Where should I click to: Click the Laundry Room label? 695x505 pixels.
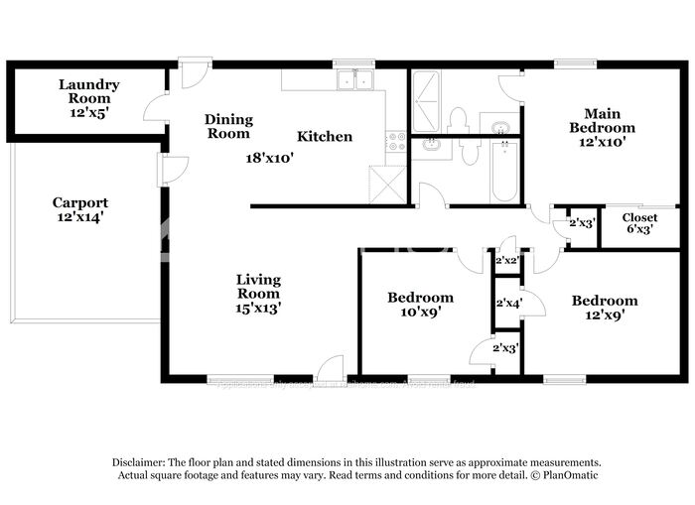(88, 98)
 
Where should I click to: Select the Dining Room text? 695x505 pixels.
(228, 126)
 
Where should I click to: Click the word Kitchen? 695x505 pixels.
(325, 136)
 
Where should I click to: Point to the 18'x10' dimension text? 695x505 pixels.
(270, 157)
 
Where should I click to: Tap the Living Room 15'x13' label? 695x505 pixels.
(258, 294)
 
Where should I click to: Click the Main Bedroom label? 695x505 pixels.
(602, 121)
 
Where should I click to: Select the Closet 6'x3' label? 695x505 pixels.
(639, 224)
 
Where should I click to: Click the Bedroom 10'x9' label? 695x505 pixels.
(420, 305)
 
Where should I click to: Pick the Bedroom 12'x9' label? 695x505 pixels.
(604, 308)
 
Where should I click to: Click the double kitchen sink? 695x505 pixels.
(353, 80)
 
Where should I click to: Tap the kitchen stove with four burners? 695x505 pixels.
(396, 141)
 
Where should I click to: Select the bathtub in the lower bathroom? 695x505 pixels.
(503, 170)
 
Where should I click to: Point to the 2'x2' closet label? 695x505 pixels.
(506, 260)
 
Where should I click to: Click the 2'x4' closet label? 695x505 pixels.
(507, 303)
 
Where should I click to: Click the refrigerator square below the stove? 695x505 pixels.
(386, 184)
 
